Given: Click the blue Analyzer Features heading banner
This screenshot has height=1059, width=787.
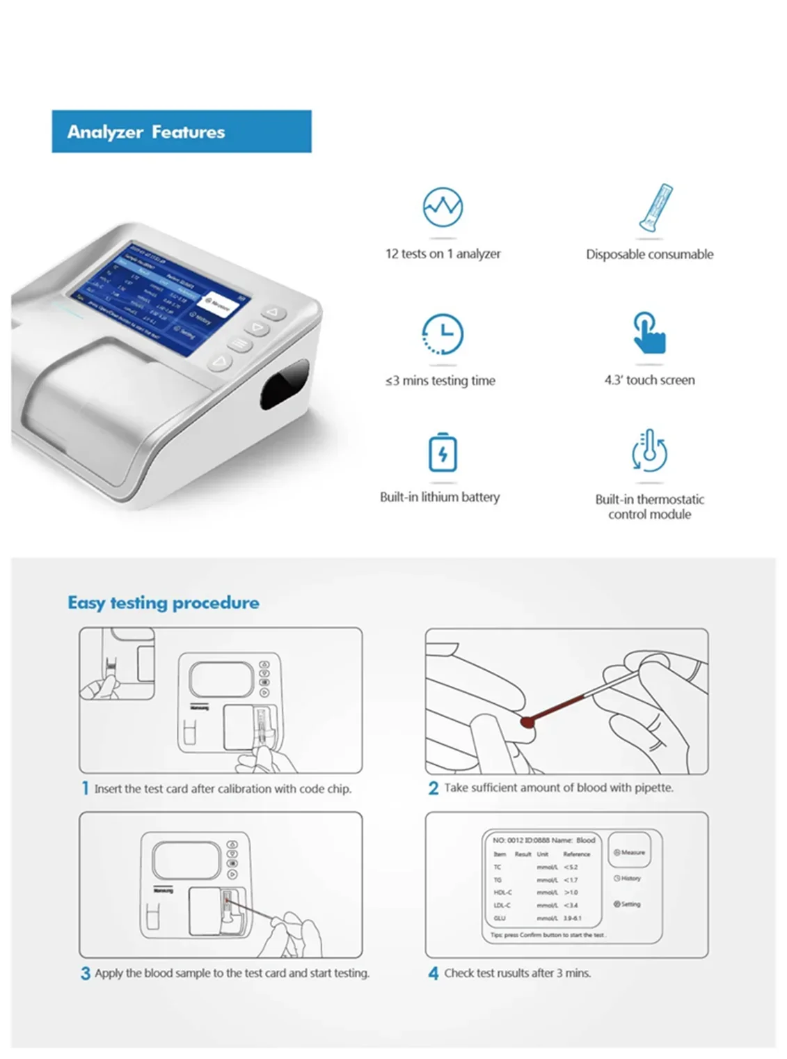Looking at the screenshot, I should click(x=181, y=132).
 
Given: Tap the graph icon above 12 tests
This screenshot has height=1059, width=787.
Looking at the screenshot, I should click(x=443, y=207).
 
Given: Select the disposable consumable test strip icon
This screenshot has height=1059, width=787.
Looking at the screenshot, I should click(x=655, y=207).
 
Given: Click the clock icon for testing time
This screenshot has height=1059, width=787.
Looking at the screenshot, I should click(x=443, y=334).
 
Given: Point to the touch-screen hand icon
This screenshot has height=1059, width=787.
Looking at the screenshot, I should click(x=649, y=333).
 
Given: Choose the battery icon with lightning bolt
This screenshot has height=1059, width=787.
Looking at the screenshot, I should click(x=443, y=453).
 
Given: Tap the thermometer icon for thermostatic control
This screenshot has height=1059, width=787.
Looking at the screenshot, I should click(x=649, y=451).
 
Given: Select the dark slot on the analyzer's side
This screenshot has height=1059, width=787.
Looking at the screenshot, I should click(x=284, y=383).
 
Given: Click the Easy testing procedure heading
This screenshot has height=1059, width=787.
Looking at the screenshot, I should click(x=164, y=602).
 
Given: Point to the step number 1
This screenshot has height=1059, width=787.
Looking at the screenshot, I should click(x=85, y=788).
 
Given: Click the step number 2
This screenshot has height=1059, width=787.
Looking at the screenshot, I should click(x=433, y=788).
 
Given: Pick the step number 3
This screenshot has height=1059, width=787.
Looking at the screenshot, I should click(x=85, y=973).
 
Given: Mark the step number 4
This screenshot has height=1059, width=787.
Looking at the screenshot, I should click(x=433, y=973).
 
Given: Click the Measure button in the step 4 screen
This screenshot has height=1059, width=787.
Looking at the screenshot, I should click(x=629, y=852).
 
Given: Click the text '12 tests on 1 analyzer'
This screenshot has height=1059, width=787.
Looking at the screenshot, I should click(x=443, y=254).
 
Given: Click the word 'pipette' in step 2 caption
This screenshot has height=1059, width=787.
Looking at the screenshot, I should click(x=653, y=787).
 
